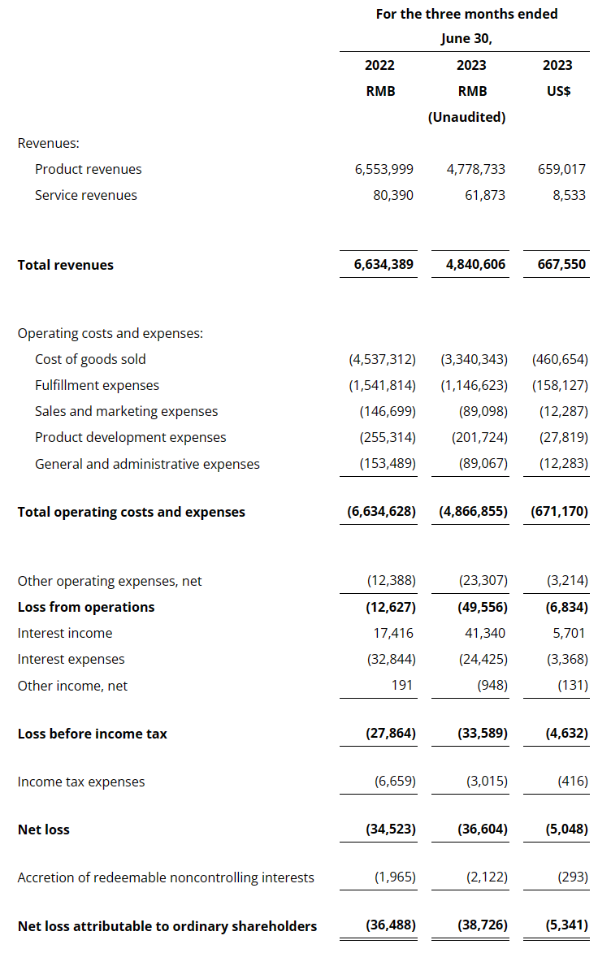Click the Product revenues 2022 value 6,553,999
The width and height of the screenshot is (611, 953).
point(383,169)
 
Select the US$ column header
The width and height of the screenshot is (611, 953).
point(558,91)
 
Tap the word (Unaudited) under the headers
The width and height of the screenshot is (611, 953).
point(467,117)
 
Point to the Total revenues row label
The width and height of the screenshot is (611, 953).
point(66,265)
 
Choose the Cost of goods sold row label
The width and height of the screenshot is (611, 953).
point(90,359)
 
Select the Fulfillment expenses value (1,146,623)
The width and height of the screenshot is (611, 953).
point(474,385)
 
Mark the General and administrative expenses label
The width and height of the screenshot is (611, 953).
point(147,464)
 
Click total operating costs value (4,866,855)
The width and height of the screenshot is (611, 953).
point(473,512)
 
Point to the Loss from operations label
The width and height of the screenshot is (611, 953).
point(86,607)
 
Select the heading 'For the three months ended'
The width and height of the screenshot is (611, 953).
point(466,14)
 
